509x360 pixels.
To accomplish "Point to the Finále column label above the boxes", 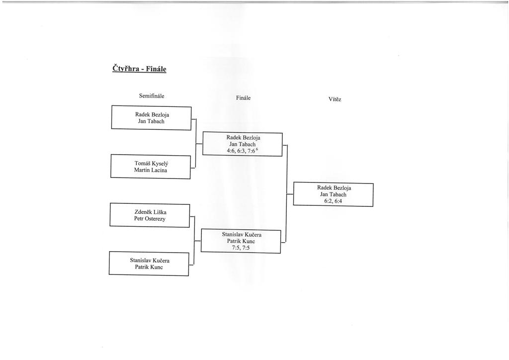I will pyautogui.click(x=243, y=98).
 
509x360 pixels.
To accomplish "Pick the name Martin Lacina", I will pyautogui.click(x=151, y=170).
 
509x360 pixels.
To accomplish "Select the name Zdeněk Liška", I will pyautogui.click(x=150, y=211).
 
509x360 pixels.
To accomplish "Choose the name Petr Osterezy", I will pyautogui.click(x=150, y=218).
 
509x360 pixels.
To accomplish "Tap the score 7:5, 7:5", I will pyautogui.click(x=241, y=248).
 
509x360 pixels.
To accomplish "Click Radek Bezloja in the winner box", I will pyautogui.click(x=334, y=188).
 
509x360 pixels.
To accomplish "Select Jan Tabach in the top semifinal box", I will pyautogui.click(x=152, y=121).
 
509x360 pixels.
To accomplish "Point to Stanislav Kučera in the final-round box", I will pyautogui.click(x=242, y=234).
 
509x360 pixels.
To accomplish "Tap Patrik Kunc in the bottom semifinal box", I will pyautogui.click(x=149, y=267).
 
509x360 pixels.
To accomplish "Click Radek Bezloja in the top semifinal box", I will pyautogui.click(x=152, y=114).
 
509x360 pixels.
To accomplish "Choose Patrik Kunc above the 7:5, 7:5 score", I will pyautogui.click(x=241, y=241).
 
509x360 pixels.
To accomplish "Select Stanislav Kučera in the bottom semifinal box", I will pyautogui.click(x=149, y=260).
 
